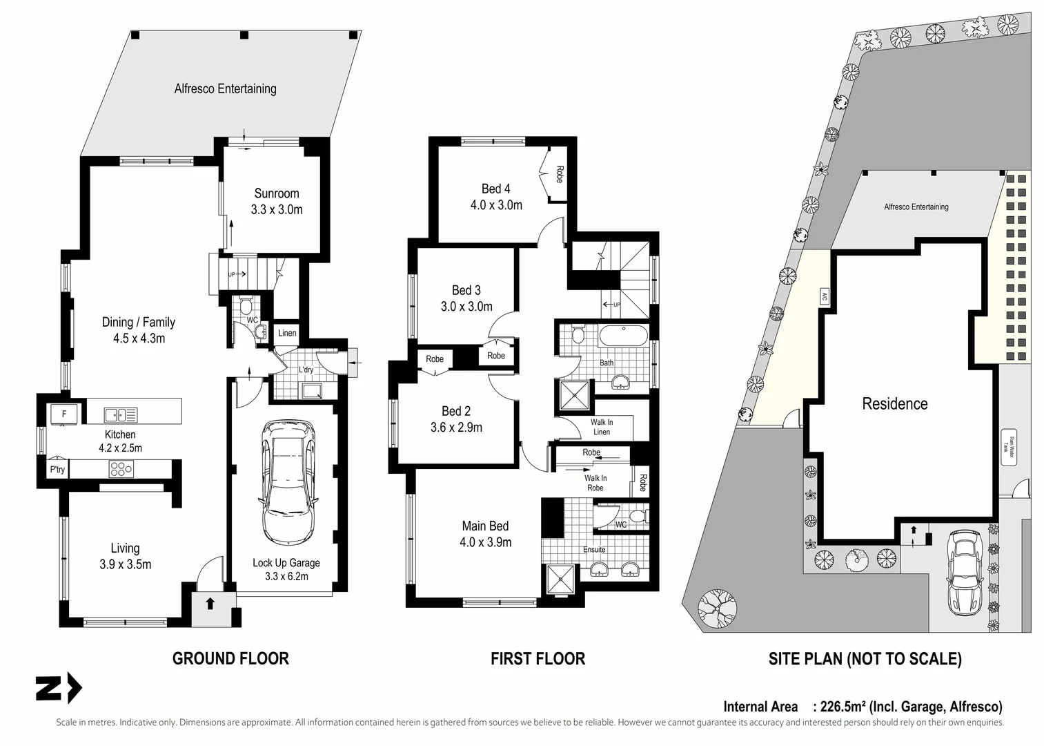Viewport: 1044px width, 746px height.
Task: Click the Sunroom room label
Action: click(x=277, y=193)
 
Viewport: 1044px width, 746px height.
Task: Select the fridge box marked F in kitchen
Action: click(x=64, y=414)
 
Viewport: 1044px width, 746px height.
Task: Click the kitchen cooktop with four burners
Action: click(x=121, y=469)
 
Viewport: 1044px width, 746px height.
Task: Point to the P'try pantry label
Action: click(x=57, y=470)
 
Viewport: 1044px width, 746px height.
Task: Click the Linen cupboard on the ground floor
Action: click(x=287, y=333)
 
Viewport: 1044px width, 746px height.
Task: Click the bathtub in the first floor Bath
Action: click(x=623, y=338)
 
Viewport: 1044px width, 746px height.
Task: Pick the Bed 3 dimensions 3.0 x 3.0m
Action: click(x=466, y=306)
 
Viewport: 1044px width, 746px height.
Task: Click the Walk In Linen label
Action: click(x=602, y=427)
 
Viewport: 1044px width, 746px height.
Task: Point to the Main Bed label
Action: click(x=485, y=526)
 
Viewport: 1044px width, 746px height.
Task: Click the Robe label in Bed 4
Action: click(x=560, y=174)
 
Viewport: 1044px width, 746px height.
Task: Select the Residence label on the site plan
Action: click(x=894, y=403)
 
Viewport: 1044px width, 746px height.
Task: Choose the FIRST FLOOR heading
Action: click(x=538, y=658)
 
